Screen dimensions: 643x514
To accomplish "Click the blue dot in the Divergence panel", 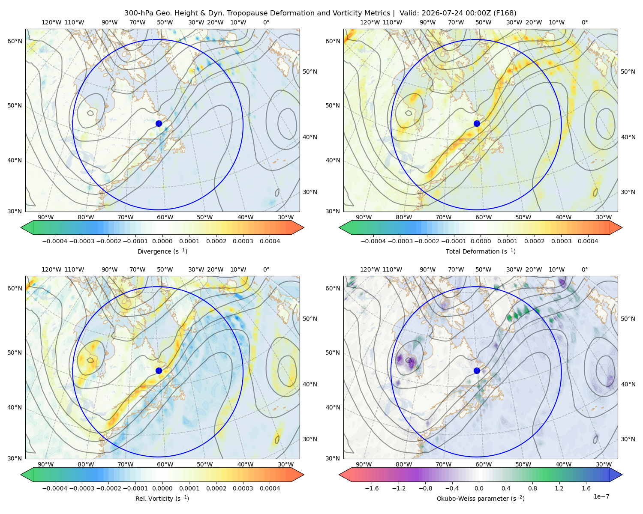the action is [159, 124].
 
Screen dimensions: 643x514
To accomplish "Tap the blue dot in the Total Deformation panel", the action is [477, 124].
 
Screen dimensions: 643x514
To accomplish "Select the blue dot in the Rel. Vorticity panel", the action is [159, 371].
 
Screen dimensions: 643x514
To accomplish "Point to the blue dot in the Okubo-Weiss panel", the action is [477, 371].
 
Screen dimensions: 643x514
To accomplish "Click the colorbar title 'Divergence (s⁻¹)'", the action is [162, 251].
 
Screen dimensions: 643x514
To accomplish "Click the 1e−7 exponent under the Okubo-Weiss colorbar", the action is [601, 497].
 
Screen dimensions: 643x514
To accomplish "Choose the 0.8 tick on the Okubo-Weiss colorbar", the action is [532, 488].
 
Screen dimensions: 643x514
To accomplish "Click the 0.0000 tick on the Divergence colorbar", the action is [162, 241].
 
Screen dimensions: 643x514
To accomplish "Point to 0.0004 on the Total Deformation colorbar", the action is [588, 241].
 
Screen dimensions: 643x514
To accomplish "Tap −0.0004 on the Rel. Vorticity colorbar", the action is [55, 488].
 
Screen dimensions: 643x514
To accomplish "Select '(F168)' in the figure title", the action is [505, 13].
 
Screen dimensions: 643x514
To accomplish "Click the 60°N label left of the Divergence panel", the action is [15, 41].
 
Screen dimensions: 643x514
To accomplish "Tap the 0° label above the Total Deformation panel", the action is [584, 22].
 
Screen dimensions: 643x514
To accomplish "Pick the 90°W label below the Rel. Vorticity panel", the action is [46, 464].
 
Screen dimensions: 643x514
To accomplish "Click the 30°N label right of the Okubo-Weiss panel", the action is [628, 439].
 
